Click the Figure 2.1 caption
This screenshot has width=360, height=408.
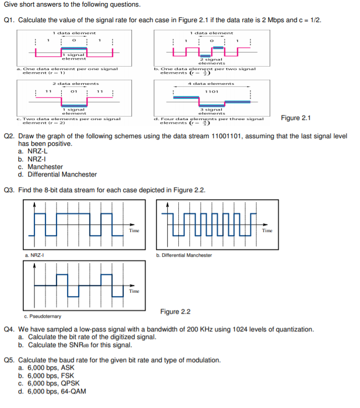click(295, 118)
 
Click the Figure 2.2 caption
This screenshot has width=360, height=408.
click(175, 312)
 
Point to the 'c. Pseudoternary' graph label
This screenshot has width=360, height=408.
click(42, 316)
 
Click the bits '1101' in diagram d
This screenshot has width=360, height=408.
click(212, 92)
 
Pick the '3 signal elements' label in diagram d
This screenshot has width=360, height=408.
click(212, 111)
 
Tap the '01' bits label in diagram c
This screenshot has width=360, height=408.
click(74, 92)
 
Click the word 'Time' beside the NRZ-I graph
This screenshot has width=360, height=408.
click(134, 230)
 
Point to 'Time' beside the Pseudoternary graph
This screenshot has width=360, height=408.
click(134, 291)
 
